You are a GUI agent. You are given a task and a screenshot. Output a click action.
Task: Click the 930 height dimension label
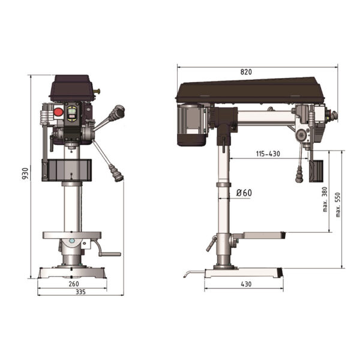pos(25,173)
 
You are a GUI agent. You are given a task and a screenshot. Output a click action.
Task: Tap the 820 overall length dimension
pos(246,72)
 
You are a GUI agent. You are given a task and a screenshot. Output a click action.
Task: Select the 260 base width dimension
pos(74,284)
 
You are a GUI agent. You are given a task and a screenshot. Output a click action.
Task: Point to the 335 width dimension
pos(80,292)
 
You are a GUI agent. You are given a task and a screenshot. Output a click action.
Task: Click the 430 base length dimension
pos(246,284)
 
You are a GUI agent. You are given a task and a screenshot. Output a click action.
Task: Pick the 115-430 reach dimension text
pos(268,154)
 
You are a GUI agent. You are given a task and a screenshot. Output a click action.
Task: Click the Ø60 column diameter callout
pos(244,193)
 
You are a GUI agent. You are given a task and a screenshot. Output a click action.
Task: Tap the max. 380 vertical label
pos(325,199)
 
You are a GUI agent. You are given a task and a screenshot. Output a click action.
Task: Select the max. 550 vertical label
pos(338,205)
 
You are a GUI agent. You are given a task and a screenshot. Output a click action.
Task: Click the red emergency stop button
pos(58,112)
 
